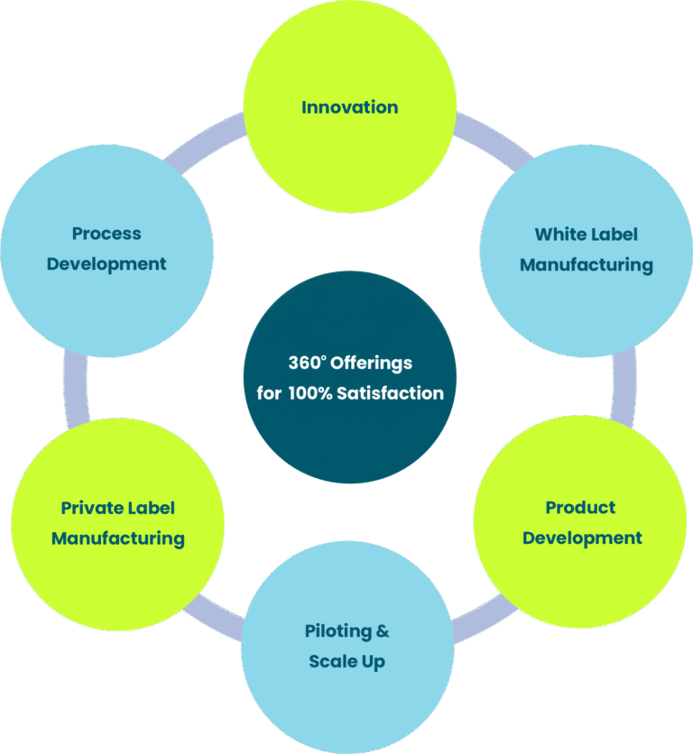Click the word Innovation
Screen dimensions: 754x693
tap(349, 107)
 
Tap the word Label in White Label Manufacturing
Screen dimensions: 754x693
tap(614, 234)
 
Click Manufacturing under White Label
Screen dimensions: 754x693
tap(586, 265)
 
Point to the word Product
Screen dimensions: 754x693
tap(580, 508)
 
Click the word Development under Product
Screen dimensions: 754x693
tap(582, 538)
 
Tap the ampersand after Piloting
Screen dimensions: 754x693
tap(383, 631)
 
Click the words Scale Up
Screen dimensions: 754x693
tap(346, 662)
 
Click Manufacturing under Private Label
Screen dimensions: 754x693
tap(117, 539)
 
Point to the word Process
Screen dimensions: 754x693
tap(106, 234)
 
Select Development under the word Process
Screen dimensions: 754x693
tap(106, 264)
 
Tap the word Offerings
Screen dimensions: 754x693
tap(371, 363)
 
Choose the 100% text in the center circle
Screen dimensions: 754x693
tap(310, 393)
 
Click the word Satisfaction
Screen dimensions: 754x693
tap(391, 393)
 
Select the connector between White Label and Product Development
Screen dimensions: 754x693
tap(624, 383)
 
